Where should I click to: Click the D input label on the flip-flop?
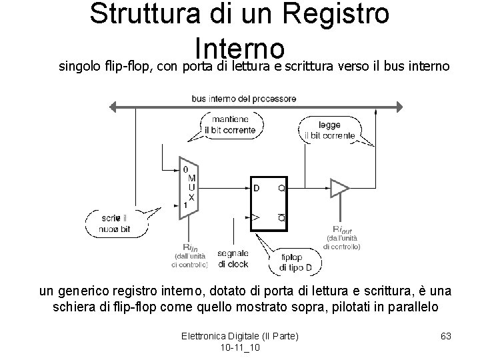pyautogui.click(x=257, y=188)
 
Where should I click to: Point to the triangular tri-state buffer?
pyautogui.click(x=339, y=189)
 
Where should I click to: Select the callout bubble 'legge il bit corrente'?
pyautogui.click(x=329, y=130)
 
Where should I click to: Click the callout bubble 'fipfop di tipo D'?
pyautogui.click(x=291, y=262)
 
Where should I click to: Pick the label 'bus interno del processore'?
pyautogui.click(x=244, y=99)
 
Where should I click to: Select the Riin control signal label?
pyautogui.click(x=190, y=248)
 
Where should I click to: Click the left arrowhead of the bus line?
pyautogui.click(x=115, y=106)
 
